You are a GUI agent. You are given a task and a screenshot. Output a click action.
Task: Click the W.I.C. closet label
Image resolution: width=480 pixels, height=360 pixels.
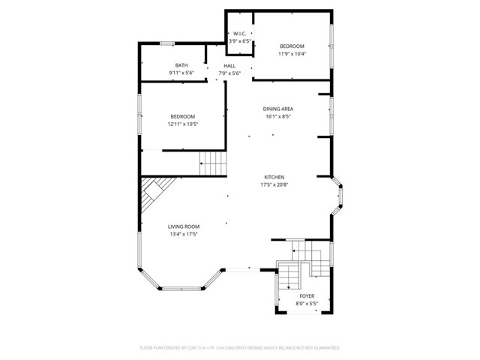240,34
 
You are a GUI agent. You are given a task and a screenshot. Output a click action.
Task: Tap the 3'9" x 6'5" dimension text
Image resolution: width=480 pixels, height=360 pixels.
240,41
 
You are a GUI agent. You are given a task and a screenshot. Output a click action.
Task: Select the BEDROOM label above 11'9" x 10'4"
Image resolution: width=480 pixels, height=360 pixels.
292,46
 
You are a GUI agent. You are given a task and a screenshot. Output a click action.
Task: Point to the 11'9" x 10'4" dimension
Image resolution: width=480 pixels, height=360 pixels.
292,53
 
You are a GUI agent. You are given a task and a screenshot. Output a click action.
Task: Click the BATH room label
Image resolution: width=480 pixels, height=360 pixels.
181,65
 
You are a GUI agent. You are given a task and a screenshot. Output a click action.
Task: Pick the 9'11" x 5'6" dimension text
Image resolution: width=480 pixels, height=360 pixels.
181,73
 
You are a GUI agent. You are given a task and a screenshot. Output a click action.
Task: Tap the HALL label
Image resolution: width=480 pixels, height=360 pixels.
229,66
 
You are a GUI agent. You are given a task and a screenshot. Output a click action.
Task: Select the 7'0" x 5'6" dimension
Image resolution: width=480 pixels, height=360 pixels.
229,73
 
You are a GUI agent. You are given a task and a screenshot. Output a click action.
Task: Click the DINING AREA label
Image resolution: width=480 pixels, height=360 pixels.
277,109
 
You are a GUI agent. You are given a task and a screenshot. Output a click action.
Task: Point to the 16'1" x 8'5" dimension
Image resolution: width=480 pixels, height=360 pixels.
277,116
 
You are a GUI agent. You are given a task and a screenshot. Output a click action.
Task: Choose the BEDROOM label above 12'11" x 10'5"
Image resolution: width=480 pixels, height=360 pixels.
182,116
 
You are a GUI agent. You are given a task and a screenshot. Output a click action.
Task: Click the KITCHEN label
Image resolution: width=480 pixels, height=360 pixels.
273,177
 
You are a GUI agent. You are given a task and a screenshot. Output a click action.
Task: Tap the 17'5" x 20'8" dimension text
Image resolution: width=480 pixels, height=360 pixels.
273,184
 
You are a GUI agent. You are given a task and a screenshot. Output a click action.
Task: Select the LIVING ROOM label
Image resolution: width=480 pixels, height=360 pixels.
183,226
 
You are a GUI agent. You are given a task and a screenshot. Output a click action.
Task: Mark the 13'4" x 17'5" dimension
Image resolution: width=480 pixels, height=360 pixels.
183,234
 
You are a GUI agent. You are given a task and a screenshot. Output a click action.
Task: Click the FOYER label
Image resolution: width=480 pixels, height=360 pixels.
307,296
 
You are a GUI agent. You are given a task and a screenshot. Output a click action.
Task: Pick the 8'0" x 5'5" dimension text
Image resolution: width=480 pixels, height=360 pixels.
307,304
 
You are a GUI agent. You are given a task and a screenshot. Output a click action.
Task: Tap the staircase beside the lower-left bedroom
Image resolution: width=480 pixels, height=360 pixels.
212,162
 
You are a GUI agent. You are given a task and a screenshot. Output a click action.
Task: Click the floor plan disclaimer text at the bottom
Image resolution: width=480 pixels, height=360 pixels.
240,348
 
